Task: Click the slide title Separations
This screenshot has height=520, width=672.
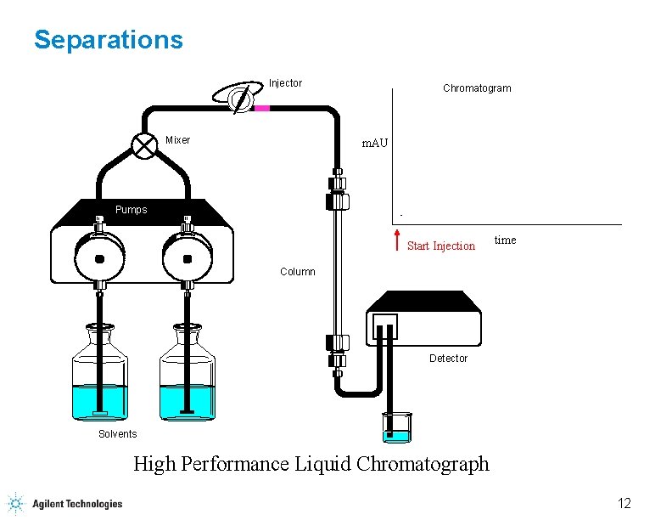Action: (108, 40)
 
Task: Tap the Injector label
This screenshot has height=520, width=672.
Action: (285, 83)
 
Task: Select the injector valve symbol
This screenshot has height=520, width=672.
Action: (240, 98)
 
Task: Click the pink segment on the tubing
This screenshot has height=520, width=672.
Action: (262, 108)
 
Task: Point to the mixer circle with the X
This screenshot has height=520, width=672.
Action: (145, 145)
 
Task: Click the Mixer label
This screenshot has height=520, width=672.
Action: (178, 140)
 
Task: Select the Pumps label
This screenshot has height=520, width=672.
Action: (131, 210)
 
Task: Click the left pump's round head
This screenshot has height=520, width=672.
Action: (100, 258)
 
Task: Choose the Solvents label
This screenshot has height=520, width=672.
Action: (117, 434)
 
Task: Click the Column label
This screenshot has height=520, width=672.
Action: (298, 272)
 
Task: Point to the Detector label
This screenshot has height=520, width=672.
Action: (448, 359)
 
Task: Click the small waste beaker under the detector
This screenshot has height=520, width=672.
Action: (396, 427)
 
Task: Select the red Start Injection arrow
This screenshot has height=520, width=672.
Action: (398, 240)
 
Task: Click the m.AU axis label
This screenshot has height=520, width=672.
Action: (374, 144)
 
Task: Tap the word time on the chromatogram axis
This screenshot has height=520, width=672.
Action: (505, 240)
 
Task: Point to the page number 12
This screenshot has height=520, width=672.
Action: (624, 504)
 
